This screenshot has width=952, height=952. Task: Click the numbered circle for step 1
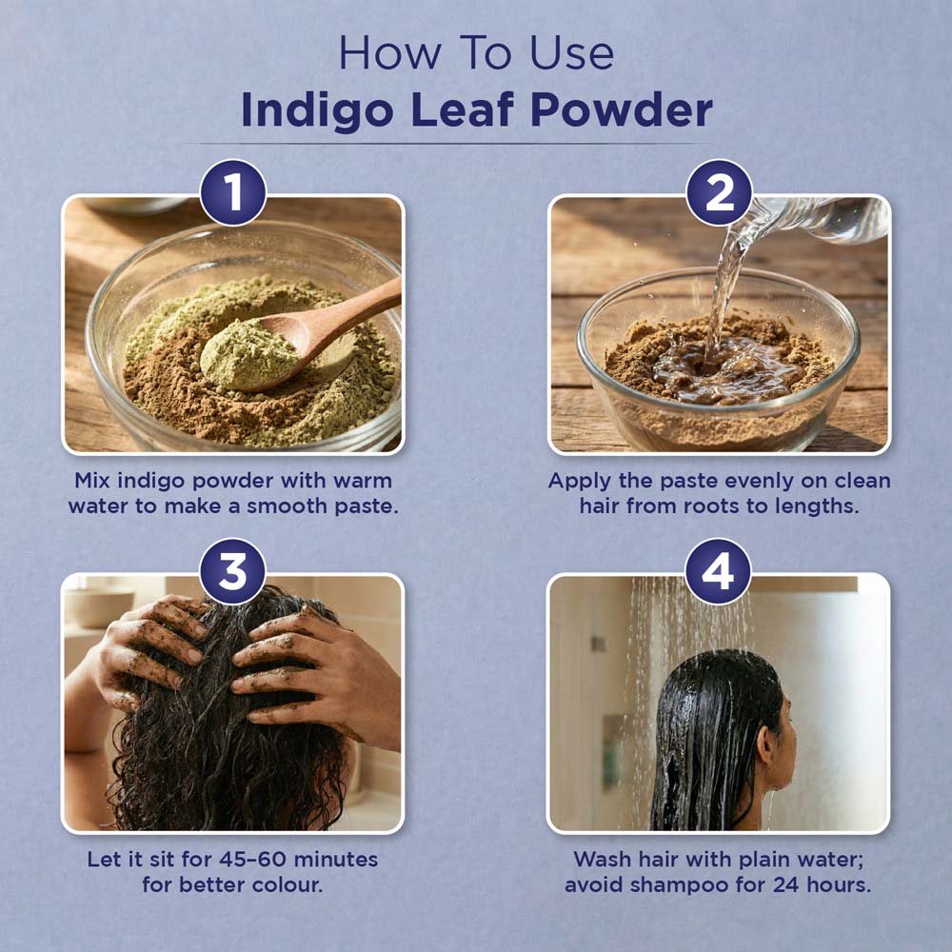click(x=233, y=192)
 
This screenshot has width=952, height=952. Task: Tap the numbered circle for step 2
click(x=719, y=192)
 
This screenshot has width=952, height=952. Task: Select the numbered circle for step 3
click(x=232, y=571)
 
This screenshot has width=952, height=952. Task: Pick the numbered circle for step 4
click(x=718, y=571)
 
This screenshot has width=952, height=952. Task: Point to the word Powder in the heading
click(x=621, y=109)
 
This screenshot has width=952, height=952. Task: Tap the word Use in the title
click(x=571, y=53)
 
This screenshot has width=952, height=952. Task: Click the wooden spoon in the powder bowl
click(x=302, y=339)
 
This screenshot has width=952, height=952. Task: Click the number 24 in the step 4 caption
click(x=786, y=884)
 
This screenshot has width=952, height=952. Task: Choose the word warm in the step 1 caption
click(x=363, y=481)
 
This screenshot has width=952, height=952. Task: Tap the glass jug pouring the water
click(x=817, y=219)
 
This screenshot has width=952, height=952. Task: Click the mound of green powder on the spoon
click(x=248, y=355)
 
